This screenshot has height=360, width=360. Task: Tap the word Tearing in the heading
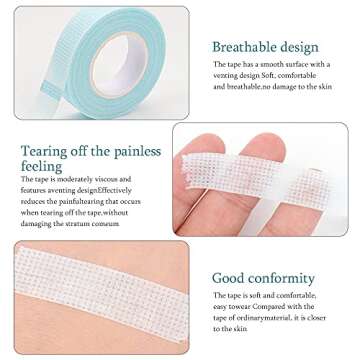pos(43,151)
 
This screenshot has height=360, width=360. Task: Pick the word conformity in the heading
pos(284,277)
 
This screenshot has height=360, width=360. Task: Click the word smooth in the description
pos(261,64)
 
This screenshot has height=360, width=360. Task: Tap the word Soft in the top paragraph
pos(282,75)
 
